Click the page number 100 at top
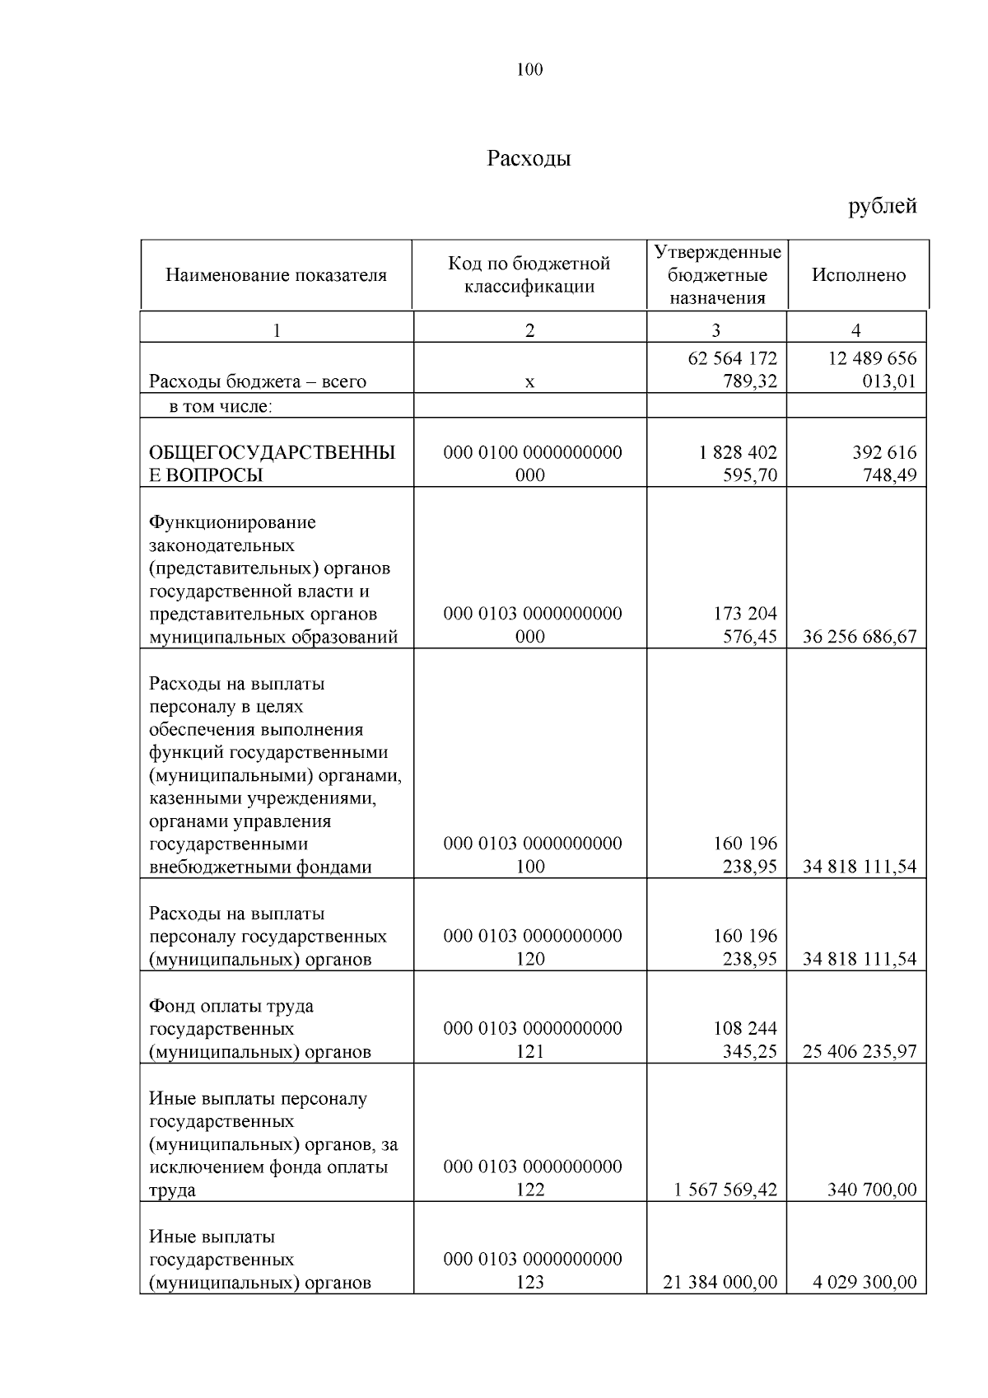pos(529,70)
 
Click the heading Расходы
pos(529,158)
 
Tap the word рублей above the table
pos(883,206)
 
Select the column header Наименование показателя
pos(276,275)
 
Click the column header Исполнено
pos(859,275)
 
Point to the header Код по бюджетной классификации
pos(529,275)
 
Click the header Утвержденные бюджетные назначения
pos(717,275)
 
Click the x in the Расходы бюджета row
pos(529,382)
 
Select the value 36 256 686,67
pos(859,637)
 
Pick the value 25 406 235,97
pos(859,1052)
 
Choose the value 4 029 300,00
pos(863,1283)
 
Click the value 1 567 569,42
pos(725,1190)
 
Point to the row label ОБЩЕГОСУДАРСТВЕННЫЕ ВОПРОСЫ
pos(272,464)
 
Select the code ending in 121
pos(532,1040)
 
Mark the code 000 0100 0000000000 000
pos(532,464)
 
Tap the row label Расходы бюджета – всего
pos(257,382)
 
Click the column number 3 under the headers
pos(715,331)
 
